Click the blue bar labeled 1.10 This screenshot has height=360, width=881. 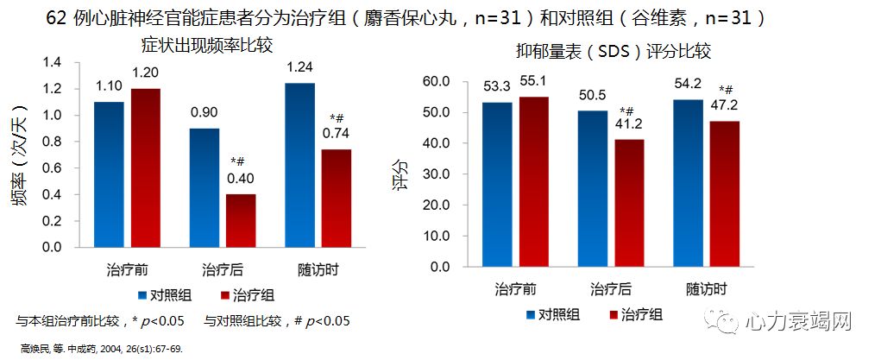(x=110, y=174)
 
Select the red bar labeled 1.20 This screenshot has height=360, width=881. (x=146, y=167)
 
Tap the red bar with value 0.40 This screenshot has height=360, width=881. (x=241, y=220)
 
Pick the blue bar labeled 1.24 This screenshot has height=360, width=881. (x=299, y=165)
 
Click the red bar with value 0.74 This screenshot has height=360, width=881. (x=337, y=198)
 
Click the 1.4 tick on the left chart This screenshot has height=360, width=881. (x=52, y=63)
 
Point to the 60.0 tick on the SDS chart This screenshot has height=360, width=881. (x=435, y=81)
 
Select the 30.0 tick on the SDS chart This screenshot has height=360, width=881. (x=435, y=174)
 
